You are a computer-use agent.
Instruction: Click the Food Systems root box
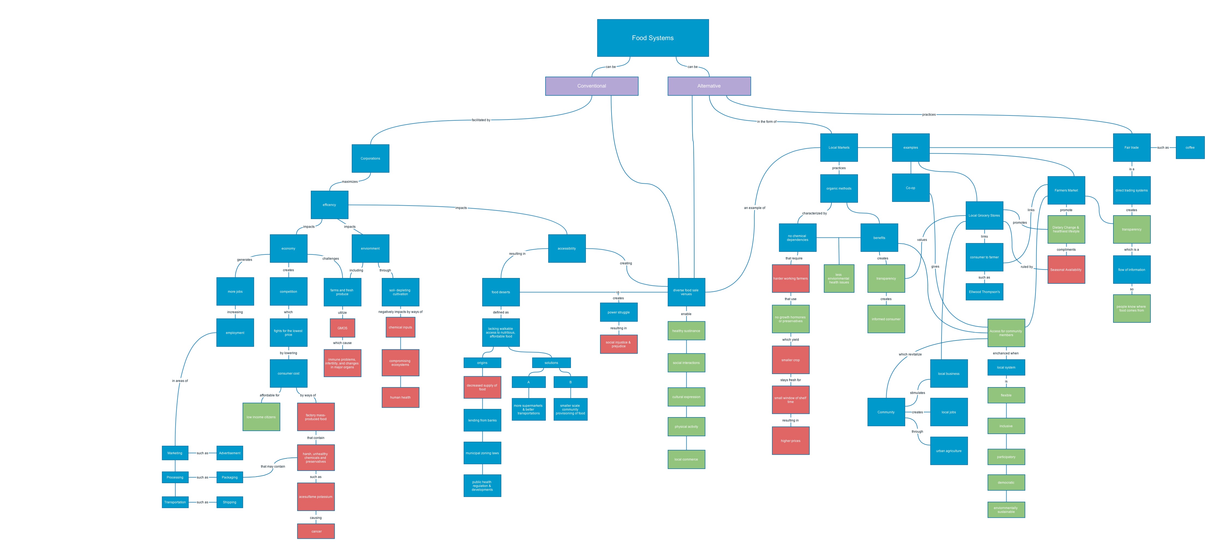click(652, 38)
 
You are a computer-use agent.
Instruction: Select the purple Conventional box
click(591, 86)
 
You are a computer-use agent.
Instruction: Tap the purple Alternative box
click(709, 86)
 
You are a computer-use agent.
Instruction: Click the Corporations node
click(370, 158)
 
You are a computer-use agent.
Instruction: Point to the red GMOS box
click(342, 328)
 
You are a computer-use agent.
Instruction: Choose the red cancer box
click(316, 531)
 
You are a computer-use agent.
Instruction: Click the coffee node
click(1190, 148)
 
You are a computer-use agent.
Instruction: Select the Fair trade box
click(1131, 148)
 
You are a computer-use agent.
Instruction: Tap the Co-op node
click(910, 188)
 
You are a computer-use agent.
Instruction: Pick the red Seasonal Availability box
click(1066, 270)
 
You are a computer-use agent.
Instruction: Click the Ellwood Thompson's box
click(984, 292)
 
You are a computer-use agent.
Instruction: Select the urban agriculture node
click(948, 451)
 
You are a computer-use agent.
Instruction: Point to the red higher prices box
click(791, 441)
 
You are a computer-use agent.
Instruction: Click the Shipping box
click(230, 502)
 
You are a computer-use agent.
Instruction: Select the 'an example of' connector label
click(754, 208)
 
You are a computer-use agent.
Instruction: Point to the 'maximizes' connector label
click(350, 182)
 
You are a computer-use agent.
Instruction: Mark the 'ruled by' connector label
click(1026, 267)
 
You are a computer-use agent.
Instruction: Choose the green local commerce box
click(686, 459)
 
